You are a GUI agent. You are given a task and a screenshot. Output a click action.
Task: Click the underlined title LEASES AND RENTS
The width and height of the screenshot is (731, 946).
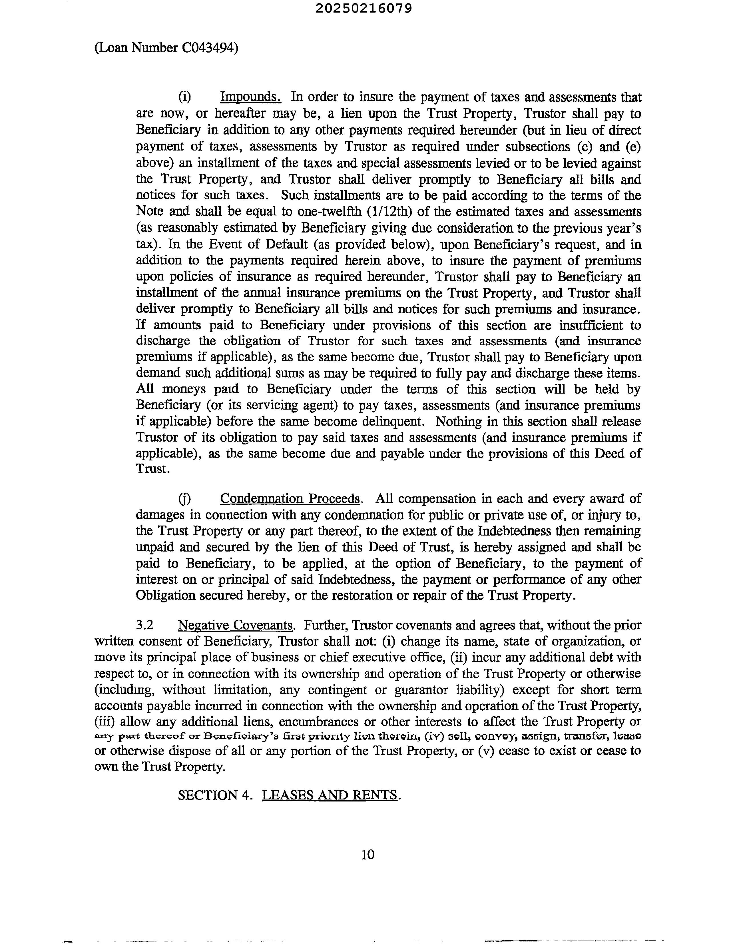pyautogui.click(x=330, y=795)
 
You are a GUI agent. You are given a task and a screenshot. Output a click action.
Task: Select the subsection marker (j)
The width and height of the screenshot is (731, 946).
pyautogui.click(x=184, y=499)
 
